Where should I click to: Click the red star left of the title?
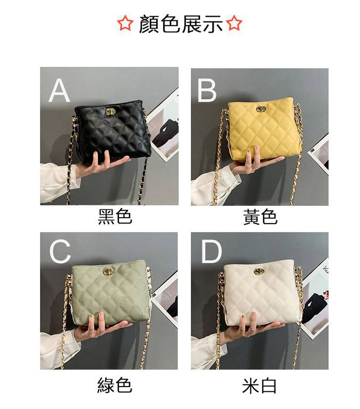pyautogui.click(x=125, y=23)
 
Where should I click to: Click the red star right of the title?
pyautogui.click(x=234, y=23)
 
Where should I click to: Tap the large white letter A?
pyautogui.click(x=59, y=90)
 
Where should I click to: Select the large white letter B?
pyautogui.click(x=207, y=90)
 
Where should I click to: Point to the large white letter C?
pyautogui.click(x=60, y=251)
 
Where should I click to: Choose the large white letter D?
pyautogui.click(x=211, y=251)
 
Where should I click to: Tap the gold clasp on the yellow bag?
pyautogui.click(x=261, y=109)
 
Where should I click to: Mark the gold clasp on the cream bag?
pyautogui.click(x=259, y=271)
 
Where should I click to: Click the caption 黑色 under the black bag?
pyautogui.click(x=115, y=217)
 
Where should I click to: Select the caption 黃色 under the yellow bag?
pyautogui.click(x=260, y=217)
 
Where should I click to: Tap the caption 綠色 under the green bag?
pyautogui.click(x=115, y=386)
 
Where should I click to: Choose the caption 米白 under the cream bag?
pyautogui.click(x=259, y=386)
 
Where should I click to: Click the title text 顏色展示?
pyautogui.click(x=180, y=24)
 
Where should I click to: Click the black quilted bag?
pyautogui.click(x=112, y=131)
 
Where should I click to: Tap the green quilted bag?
pyautogui.click(x=110, y=292)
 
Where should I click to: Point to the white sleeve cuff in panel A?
pyautogui.click(x=59, y=183)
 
